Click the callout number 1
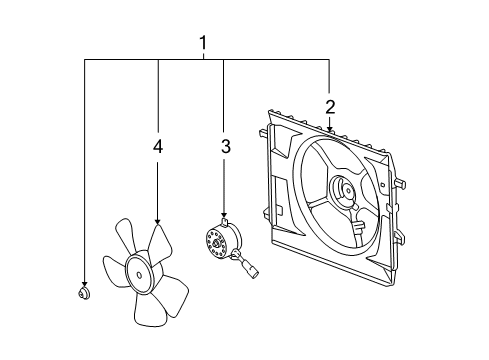(203, 43)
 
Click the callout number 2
(329, 107)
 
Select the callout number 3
(225, 147)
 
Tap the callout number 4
(157, 147)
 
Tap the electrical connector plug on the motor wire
(251, 268)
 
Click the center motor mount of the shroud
(343, 192)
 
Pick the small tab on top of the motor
(225, 223)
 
